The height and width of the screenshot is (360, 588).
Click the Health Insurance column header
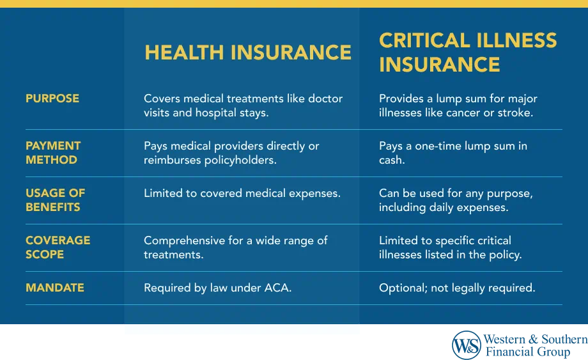tap(248, 52)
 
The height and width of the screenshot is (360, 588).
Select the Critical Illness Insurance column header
tap(468, 52)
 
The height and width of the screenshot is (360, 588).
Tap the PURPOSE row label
tap(52, 98)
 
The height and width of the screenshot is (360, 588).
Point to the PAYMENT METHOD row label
tap(53, 153)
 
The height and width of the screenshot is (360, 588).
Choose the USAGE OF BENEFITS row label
tap(56, 200)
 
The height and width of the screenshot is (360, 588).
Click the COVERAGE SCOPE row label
tap(58, 247)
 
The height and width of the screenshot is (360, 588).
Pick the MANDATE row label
tap(55, 288)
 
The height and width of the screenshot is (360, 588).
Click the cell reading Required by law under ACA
tap(217, 288)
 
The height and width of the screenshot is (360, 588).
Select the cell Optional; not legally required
tap(457, 288)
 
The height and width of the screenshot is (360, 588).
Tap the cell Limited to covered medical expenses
tap(242, 194)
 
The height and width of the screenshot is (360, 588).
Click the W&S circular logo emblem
tap(466, 345)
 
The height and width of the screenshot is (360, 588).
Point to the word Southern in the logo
tap(564, 340)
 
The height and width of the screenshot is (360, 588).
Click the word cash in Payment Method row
tap(392, 160)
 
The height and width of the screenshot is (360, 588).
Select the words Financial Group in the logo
tap(528, 352)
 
